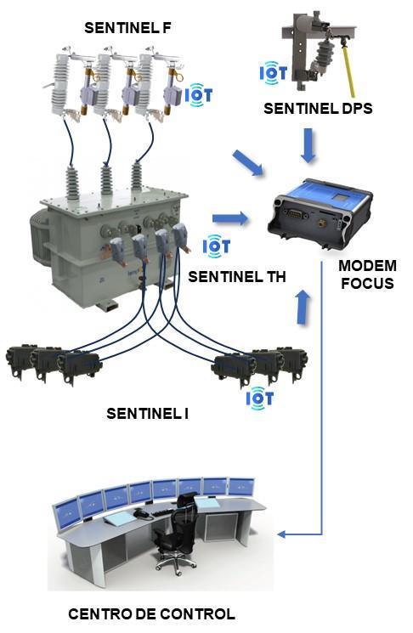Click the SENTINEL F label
pos(127,28)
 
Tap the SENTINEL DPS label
pos(318,108)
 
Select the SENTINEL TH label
pos(237,276)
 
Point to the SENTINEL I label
pos(147,414)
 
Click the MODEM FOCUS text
pos(367,274)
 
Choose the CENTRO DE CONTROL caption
pos(151,614)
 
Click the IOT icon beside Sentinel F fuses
pos(199,95)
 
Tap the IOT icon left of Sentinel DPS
pos(274,73)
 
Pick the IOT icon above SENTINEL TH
pos(217,246)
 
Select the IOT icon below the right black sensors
pos(260,398)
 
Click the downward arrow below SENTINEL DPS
pos(308,145)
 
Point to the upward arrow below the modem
pos(303,307)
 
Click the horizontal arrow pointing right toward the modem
pos(230,218)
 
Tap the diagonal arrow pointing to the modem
pos(248,163)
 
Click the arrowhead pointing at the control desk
pos(282,534)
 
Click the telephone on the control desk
pos(143,514)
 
